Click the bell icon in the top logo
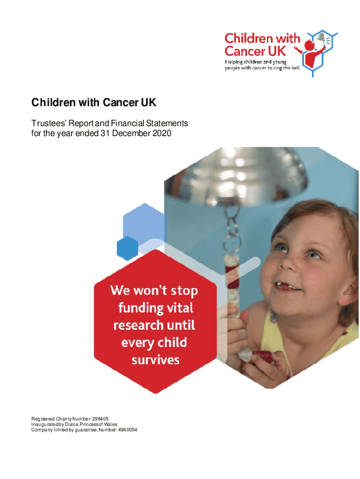[321, 37]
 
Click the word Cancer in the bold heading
[121, 102]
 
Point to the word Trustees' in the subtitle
[49, 123]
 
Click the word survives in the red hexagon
[155, 360]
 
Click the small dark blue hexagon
[127, 248]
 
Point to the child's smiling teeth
[287, 287]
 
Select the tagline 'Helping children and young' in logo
[256, 62]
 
